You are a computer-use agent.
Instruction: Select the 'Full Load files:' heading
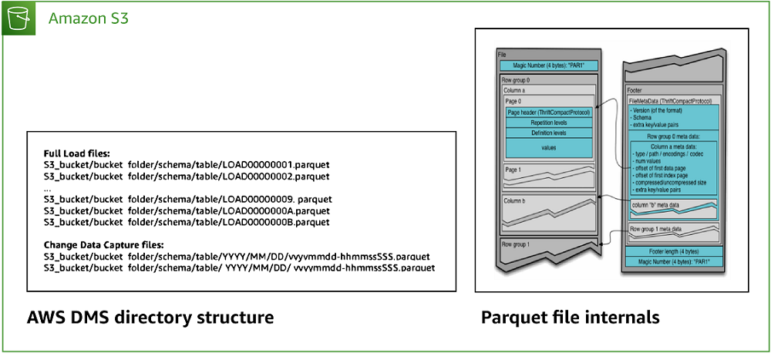tap(76, 153)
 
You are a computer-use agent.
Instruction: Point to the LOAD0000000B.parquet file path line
tap(187, 222)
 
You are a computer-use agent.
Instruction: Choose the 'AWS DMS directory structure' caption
tap(150, 318)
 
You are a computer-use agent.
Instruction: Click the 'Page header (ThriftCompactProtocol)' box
tap(548, 112)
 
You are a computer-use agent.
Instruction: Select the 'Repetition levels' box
tap(548, 123)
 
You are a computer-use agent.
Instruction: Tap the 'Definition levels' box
tap(548, 133)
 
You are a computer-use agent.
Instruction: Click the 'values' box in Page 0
tap(548, 146)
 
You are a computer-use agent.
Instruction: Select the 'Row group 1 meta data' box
tap(657, 229)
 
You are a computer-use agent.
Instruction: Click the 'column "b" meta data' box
tap(658, 204)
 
